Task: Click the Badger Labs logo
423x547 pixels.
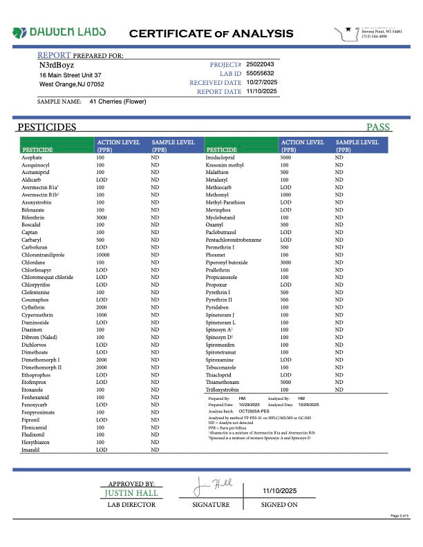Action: tap(59, 32)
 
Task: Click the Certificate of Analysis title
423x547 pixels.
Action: tap(211, 33)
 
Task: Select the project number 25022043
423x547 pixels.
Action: tap(261, 64)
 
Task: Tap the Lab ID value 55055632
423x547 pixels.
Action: tap(261, 73)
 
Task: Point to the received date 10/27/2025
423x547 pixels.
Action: tap(261, 82)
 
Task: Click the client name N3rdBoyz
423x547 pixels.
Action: tap(56, 64)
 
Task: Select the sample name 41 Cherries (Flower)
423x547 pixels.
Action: tap(117, 102)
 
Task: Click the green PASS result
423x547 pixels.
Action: tap(378, 127)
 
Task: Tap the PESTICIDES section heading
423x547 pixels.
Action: tap(46, 127)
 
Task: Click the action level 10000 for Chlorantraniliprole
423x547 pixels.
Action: tap(103, 255)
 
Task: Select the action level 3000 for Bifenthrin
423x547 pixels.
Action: tap(101, 218)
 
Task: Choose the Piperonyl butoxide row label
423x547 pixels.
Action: tap(227, 262)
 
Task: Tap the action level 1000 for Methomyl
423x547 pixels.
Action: tap(285, 195)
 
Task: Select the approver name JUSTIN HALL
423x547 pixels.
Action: tap(131, 493)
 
